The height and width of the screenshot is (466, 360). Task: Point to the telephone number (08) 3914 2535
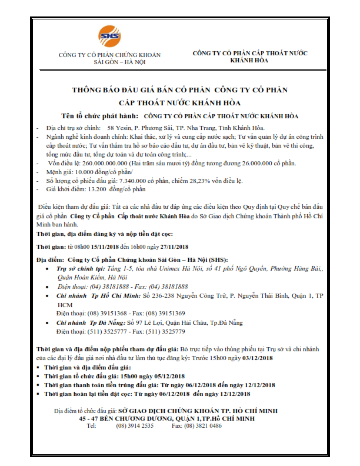(x=135, y=425)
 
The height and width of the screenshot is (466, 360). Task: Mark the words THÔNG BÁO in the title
(x=98, y=90)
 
